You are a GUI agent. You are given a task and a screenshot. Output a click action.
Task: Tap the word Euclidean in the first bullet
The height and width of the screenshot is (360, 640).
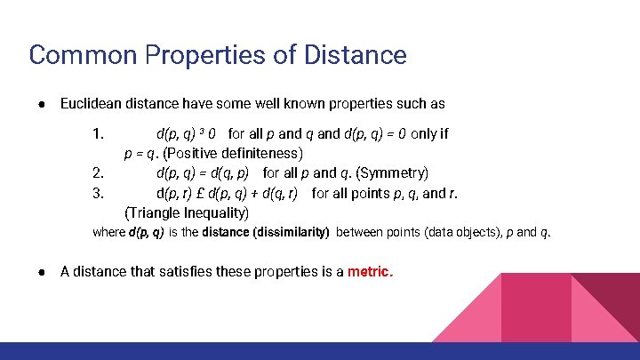pos(93,104)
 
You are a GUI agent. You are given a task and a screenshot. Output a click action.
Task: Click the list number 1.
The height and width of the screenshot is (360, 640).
pos(99,134)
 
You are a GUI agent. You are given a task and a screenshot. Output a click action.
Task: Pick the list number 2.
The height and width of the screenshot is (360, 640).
pos(99,172)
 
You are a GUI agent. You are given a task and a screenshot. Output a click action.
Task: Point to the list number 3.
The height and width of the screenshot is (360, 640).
pos(99,192)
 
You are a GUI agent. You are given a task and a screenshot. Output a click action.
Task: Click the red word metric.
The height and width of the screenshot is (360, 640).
pos(370,272)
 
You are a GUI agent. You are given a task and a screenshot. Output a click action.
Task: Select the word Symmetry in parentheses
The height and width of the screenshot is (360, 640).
pos(393,172)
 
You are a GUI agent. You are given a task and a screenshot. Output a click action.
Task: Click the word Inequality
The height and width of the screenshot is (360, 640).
pos(218,212)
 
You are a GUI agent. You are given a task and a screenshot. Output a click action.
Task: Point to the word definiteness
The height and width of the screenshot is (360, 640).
pos(258,153)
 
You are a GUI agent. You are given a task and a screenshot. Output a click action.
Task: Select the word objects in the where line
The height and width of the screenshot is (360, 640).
pos(457,233)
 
